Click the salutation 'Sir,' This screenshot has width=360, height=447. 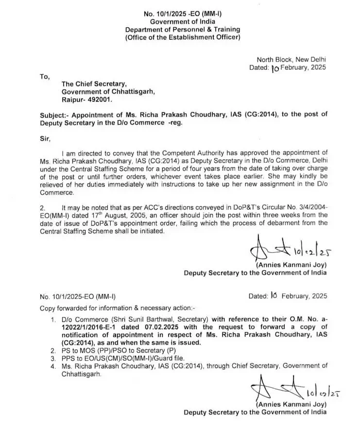tap(45, 137)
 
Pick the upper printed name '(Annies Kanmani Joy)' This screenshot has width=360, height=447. tap(291, 265)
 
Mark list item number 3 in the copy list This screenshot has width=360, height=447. tap(53, 358)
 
